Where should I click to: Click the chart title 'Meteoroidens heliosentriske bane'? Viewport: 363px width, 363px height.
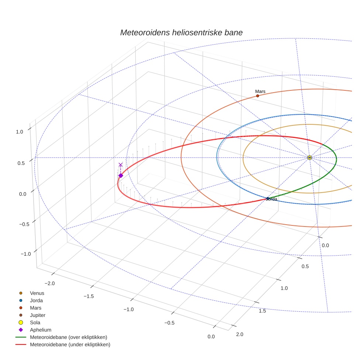181,32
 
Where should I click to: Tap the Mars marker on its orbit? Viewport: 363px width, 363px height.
257,96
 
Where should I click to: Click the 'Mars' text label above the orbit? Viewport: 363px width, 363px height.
260,91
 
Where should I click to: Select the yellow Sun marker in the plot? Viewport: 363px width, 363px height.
310,158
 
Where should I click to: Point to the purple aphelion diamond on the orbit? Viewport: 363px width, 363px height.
121,176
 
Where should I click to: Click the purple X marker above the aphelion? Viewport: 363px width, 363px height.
121,165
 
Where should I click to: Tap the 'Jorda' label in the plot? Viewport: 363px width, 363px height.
272,199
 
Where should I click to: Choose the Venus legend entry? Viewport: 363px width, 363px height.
37,293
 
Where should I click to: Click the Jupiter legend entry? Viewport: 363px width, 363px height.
38,315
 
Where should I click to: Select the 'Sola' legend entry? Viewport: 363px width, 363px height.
35,322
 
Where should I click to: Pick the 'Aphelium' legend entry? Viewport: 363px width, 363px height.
40,330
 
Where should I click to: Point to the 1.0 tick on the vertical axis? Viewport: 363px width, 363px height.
20,131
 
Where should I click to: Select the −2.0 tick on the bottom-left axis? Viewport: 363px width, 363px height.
49,283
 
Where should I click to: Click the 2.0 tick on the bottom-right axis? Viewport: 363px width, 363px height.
239,334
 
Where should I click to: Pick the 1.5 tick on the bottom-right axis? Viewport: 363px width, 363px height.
263,311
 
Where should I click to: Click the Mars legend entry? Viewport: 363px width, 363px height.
35,308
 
